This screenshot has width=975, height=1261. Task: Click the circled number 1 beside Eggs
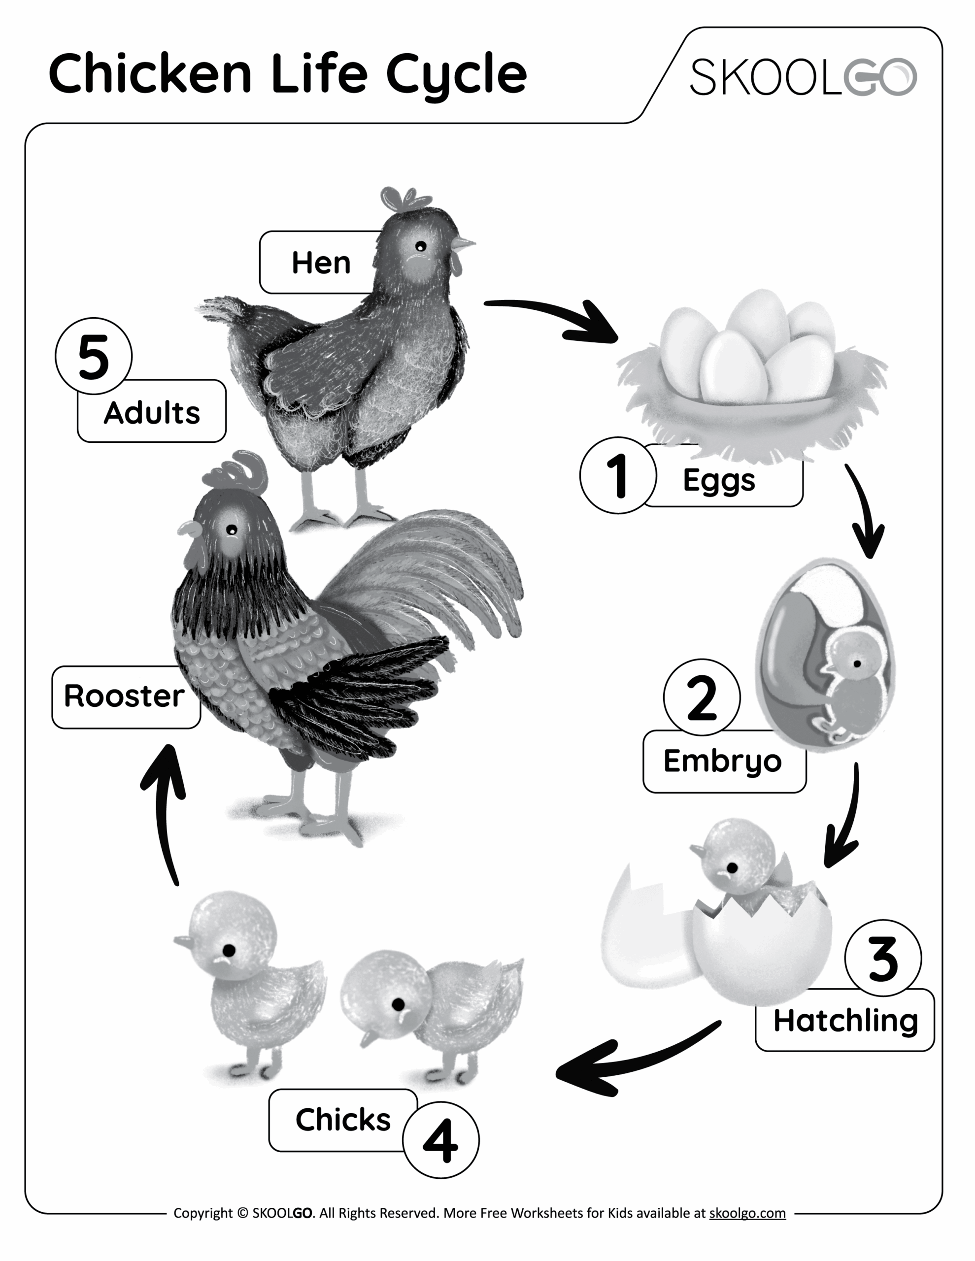pos(618,475)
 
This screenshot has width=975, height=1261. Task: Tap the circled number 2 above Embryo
pos(702,697)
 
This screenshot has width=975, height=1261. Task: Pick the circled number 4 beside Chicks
pos(441,1140)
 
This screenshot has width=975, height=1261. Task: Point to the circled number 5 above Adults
pos(94,356)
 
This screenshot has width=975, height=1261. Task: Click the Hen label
pos(321,263)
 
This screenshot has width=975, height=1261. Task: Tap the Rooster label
pos(124,697)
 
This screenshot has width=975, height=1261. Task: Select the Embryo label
pos(723,761)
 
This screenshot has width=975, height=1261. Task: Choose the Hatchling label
pos(845,1020)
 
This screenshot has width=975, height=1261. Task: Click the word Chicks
pos(343,1120)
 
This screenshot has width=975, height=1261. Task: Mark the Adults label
pos(151,412)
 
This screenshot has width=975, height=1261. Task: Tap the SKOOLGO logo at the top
pos(803,77)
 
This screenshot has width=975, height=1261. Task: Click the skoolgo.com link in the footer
pos(747,1213)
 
